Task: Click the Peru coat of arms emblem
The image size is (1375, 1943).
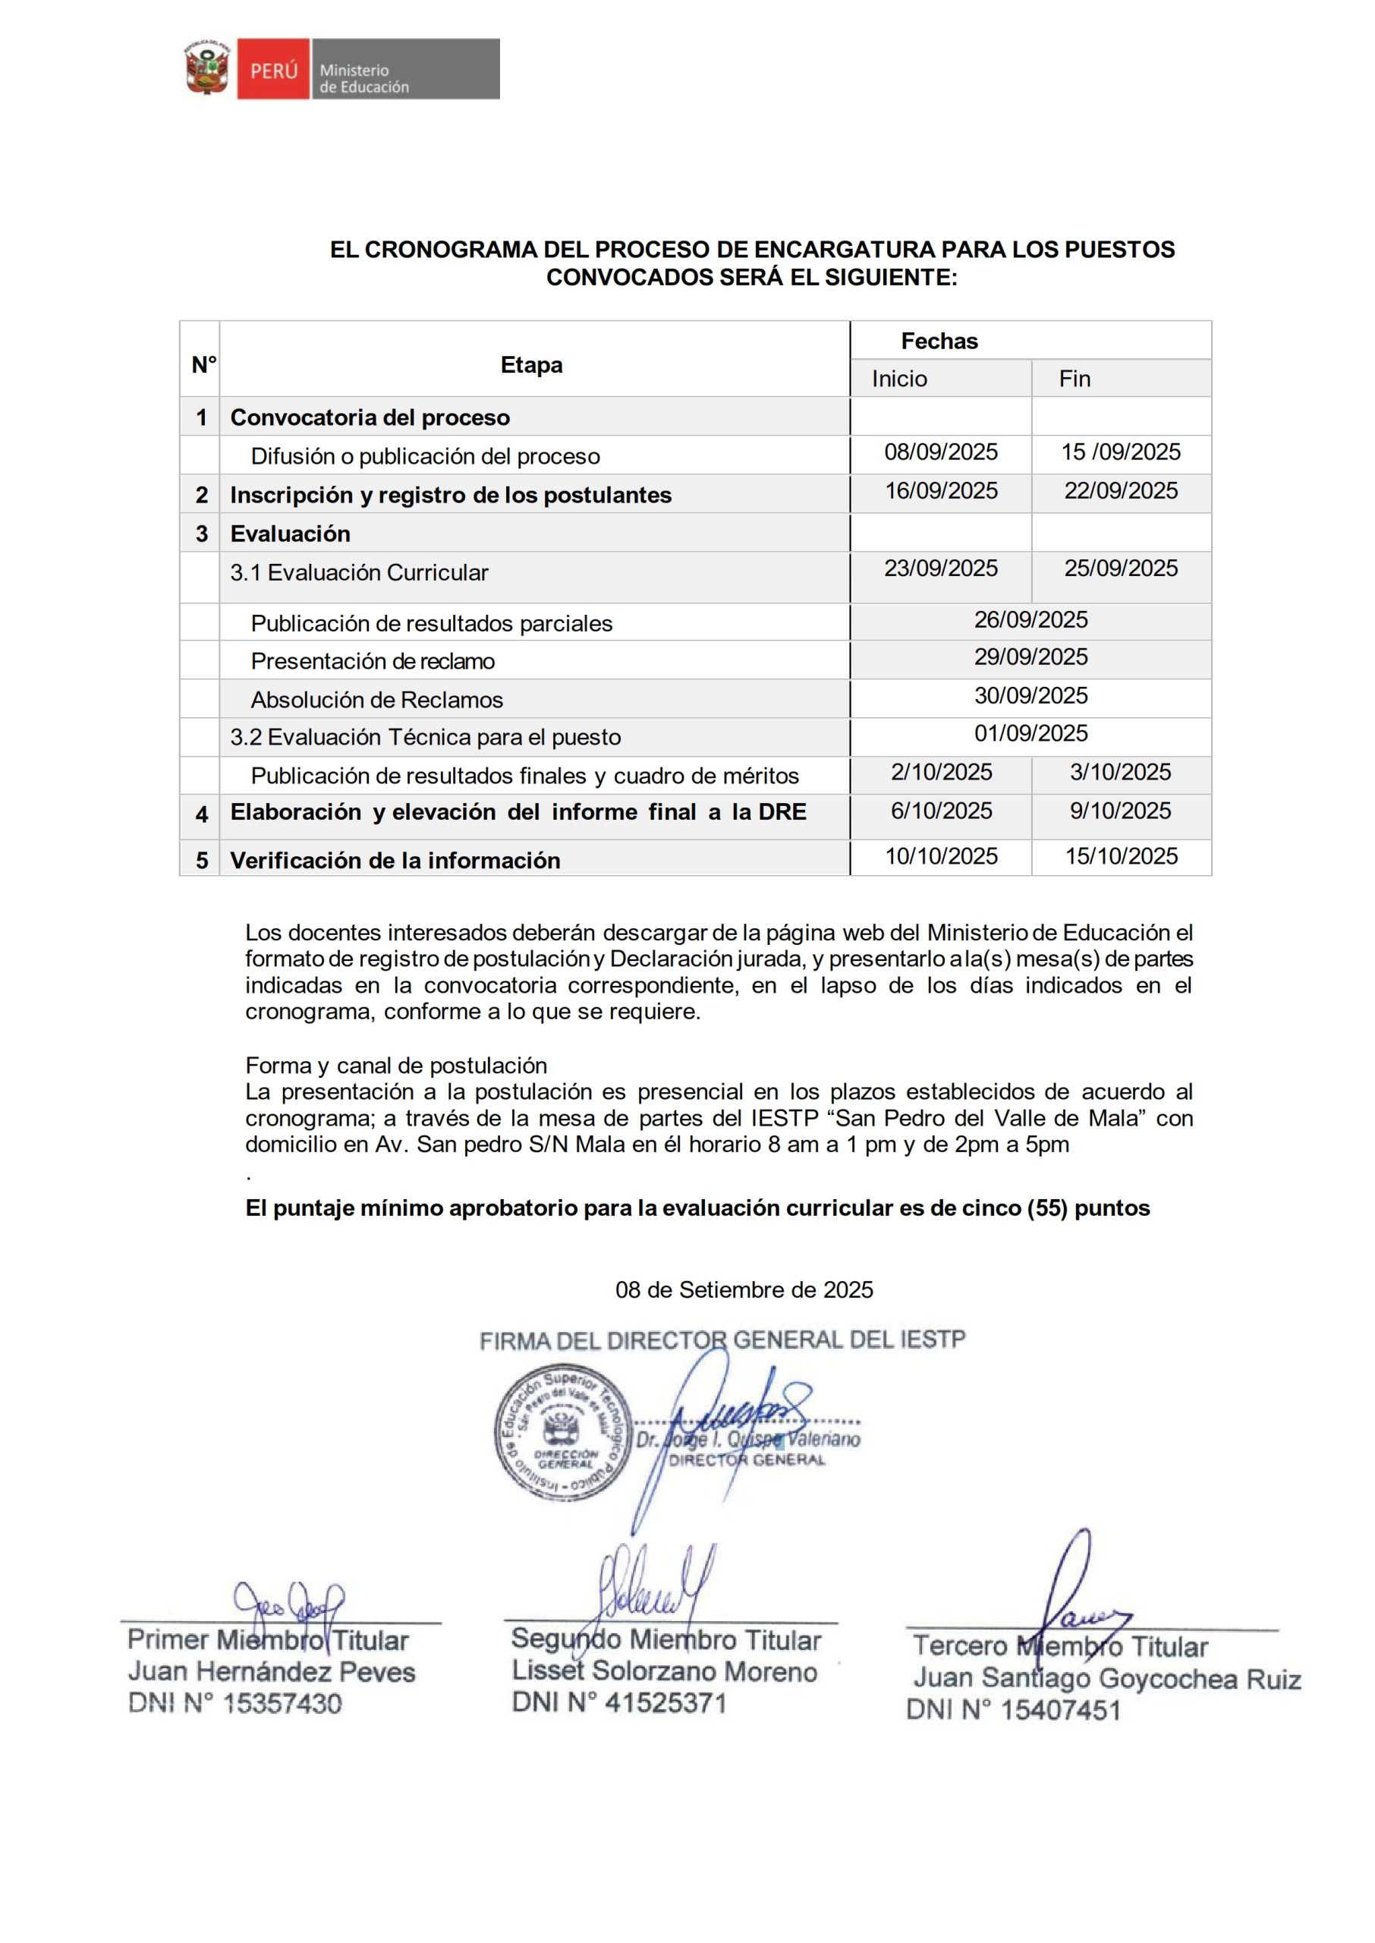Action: (x=207, y=68)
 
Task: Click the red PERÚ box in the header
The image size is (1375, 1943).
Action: (x=273, y=69)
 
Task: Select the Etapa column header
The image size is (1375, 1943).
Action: (x=532, y=365)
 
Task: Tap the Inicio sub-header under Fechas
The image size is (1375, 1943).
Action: (x=899, y=379)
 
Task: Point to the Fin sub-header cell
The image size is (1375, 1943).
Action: (x=1075, y=379)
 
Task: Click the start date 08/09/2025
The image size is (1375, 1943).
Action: (x=941, y=452)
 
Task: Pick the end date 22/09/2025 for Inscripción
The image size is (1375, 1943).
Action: (x=1121, y=491)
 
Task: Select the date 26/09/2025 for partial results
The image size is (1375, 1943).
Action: (x=1030, y=620)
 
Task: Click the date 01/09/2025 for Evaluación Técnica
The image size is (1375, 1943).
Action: (x=1030, y=733)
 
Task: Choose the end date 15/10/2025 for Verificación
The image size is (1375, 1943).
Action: (x=1121, y=856)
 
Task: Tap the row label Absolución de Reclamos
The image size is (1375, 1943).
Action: (x=377, y=700)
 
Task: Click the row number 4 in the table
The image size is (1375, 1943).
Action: (x=202, y=814)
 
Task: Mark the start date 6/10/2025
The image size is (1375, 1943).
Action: (x=941, y=811)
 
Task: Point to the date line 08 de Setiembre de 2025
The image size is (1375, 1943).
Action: (x=744, y=1290)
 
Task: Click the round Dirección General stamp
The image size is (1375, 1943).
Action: (x=563, y=1432)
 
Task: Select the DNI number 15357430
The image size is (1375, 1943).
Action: (x=282, y=1703)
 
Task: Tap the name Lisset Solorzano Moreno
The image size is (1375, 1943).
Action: (x=665, y=1671)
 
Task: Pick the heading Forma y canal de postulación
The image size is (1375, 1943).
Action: (x=396, y=1065)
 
